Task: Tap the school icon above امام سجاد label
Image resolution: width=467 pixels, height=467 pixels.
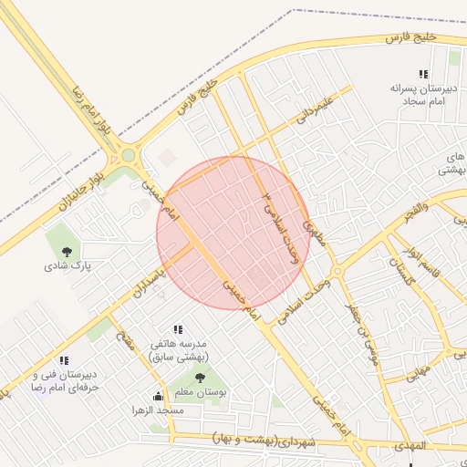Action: pyautogui.click(x=422, y=74)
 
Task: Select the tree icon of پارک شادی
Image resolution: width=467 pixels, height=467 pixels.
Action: pyautogui.click(x=66, y=249)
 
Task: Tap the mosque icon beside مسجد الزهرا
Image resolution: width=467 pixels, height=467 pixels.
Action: pyautogui.click(x=159, y=396)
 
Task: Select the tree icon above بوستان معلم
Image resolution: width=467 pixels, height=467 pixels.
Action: pyautogui.click(x=201, y=377)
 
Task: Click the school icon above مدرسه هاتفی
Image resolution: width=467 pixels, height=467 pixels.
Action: pyautogui.click(x=178, y=329)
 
